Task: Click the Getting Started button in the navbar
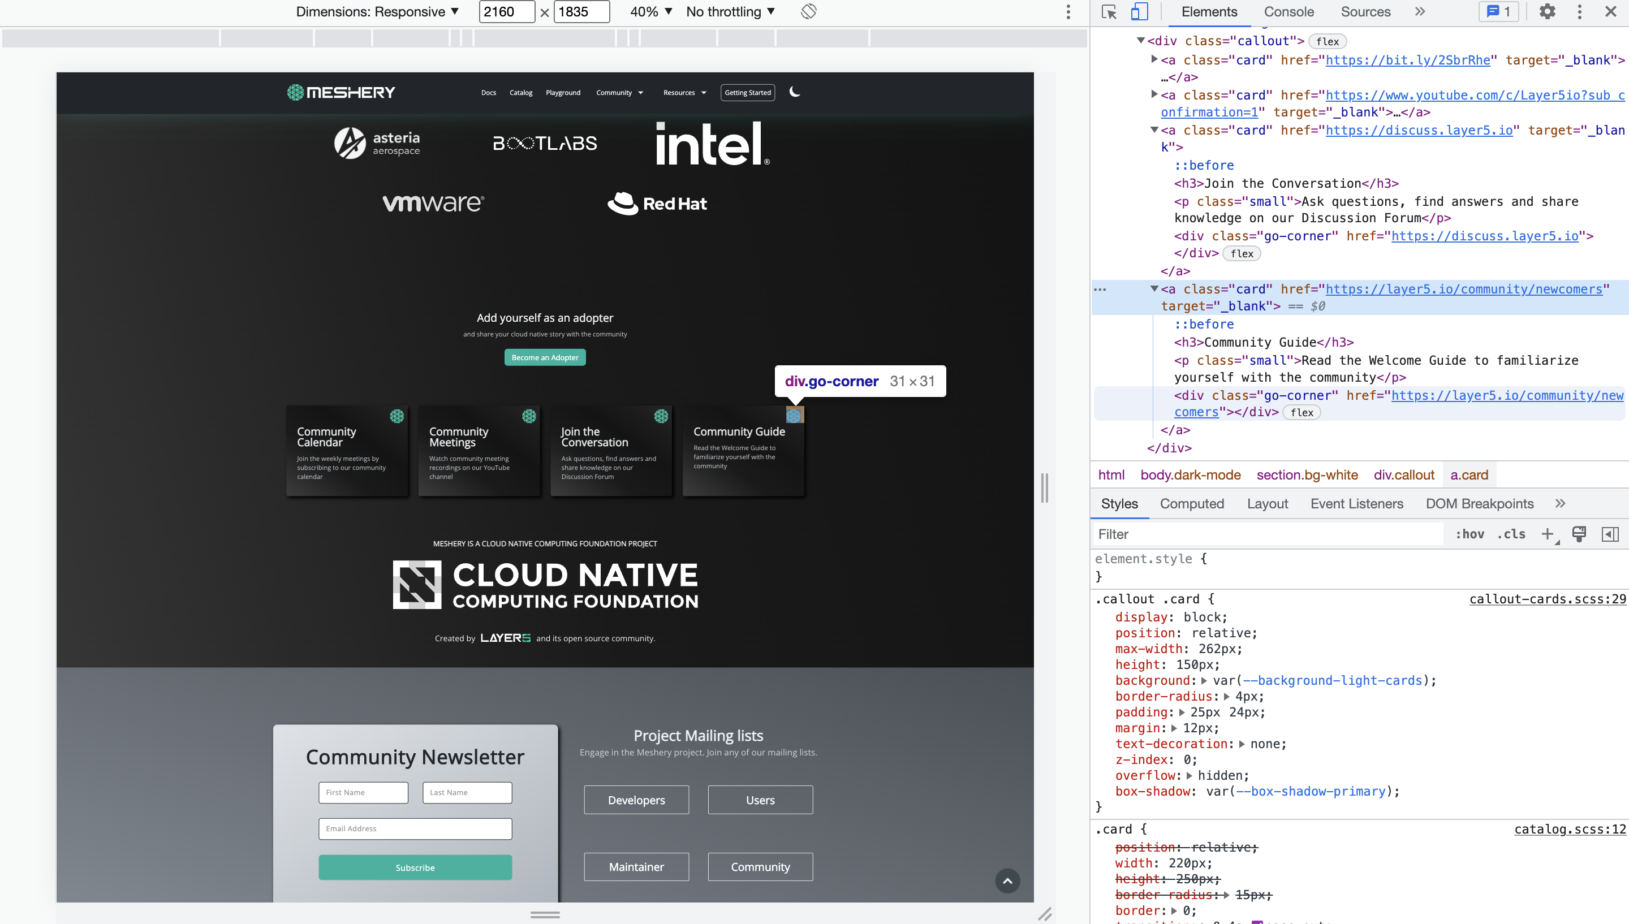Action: click(x=747, y=93)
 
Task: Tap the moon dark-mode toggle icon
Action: click(x=794, y=92)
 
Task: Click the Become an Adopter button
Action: click(x=545, y=357)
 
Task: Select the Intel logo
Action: click(x=712, y=144)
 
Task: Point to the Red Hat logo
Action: click(x=657, y=203)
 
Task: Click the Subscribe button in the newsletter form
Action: click(x=415, y=867)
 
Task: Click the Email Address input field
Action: click(x=415, y=828)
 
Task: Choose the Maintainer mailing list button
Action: click(x=636, y=866)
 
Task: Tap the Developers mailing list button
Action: click(x=636, y=800)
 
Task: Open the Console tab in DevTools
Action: click(x=1288, y=11)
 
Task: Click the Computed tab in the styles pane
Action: click(x=1191, y=503)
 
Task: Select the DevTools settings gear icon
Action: click(x=1546, y=11)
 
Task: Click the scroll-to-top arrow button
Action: click(x=1007, y=880)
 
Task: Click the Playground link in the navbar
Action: click(x=563, y=93)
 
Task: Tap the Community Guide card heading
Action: click(x=739, y=431)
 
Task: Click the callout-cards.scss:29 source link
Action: click(x=1547, y=598)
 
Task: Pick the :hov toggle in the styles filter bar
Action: click(x=1469, y=534)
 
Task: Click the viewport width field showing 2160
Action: click(x=506, y=11)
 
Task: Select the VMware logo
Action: click(x=433, y=203)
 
